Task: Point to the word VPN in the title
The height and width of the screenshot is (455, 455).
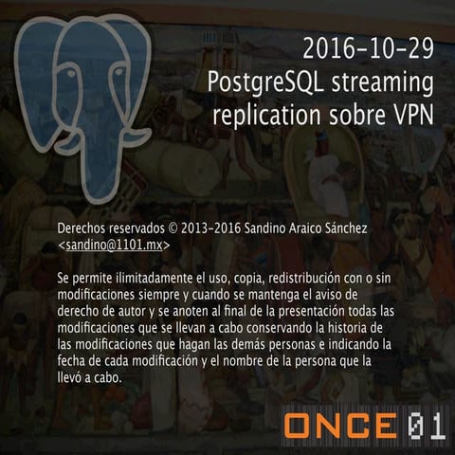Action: pos(410,115)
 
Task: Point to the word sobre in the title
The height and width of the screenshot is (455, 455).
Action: pos(348,115)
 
